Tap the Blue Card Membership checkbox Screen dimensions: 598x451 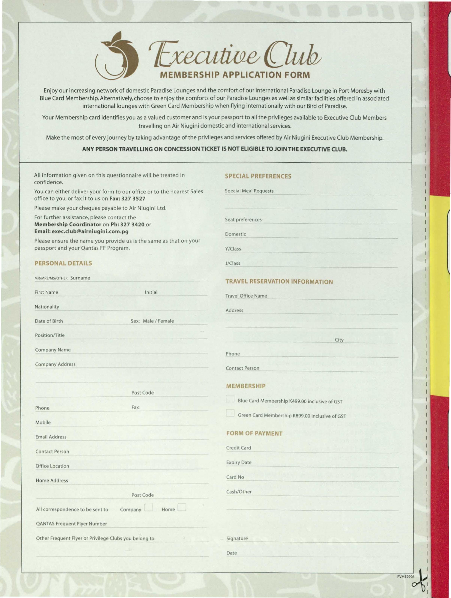click(x=230, y=399)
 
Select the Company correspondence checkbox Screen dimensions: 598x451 click(x=149, y=507)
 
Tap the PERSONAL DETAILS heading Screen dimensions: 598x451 click(x=63, y=263)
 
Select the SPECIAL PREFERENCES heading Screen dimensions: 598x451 click(x=258, y=176)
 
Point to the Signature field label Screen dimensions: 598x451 click(x=237, y=538)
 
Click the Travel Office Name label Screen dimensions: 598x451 click(x=246, y=296)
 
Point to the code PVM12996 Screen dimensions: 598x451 click(x=405, y=577)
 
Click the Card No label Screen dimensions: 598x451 click(x=235, y=477)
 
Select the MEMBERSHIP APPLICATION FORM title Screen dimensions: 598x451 click(x=235, y=75)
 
